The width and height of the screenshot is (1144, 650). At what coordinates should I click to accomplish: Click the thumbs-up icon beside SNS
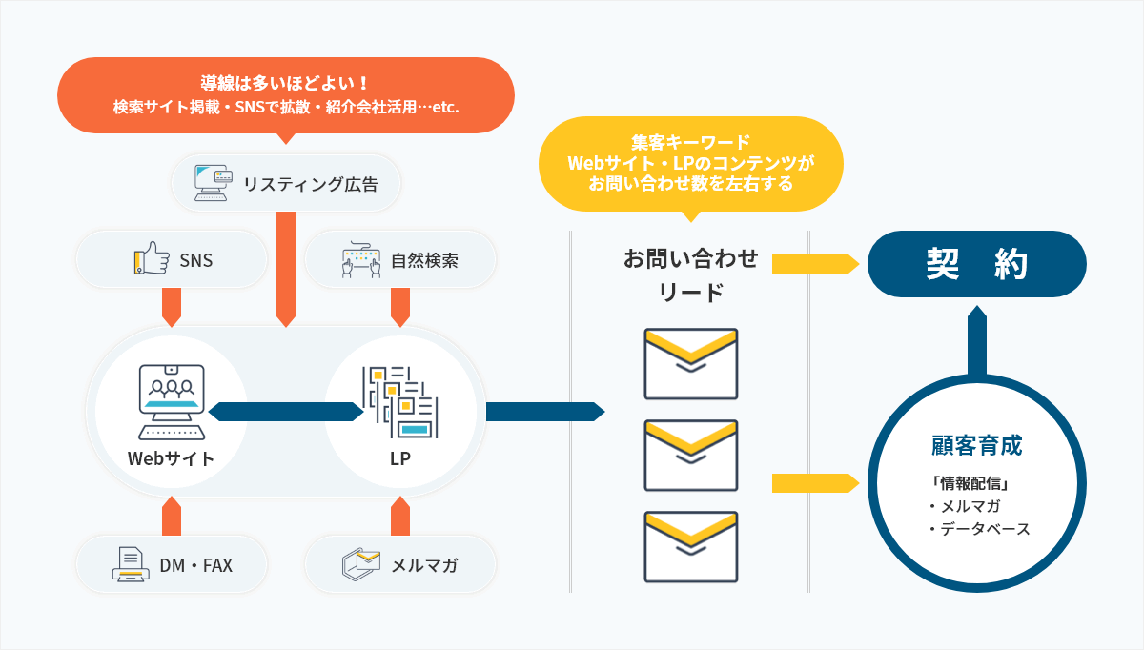[152, 258]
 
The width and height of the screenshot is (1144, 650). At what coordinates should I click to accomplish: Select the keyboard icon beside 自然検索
[361, 259]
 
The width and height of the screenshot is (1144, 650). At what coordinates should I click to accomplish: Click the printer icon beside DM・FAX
[131, 564]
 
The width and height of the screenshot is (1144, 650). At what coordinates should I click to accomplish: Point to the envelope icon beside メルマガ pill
[361, 565]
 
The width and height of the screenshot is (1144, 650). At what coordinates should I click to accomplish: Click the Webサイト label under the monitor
[171, 458]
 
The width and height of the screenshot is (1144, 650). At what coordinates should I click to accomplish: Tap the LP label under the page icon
[399, 458]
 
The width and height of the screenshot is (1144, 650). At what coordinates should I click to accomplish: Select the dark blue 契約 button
[976, 264]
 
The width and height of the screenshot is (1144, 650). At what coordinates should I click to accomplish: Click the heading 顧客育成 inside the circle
[976, 445]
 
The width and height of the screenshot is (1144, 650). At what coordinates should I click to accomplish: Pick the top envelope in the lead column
[690, 363]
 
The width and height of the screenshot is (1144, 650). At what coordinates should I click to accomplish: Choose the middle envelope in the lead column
[690, 456]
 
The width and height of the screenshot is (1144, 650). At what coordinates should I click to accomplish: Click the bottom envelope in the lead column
[690, 547]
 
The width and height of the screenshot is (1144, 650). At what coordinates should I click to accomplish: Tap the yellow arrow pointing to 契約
[816, 264]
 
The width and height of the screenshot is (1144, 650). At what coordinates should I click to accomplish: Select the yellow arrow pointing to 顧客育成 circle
[816, 483]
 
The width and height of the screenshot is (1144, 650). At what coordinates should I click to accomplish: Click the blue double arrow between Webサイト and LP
[286, 412]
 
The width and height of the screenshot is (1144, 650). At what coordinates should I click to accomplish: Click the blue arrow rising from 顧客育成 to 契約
[976, 341]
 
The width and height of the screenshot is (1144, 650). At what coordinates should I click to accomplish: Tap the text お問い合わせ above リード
[690, 258]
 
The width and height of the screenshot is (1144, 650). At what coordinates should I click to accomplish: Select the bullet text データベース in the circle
[985, 529]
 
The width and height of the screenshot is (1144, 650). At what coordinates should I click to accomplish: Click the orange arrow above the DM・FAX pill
[172, 516]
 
